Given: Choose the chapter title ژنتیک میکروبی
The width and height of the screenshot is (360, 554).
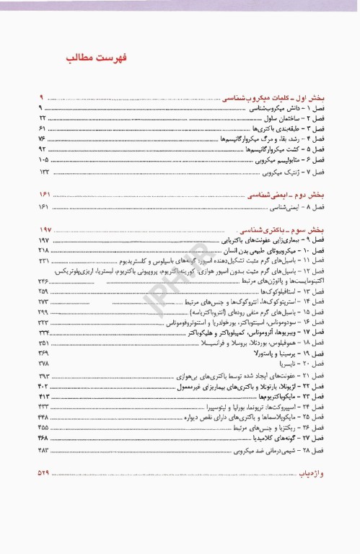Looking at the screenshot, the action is pyautogui.click(x=263, y=173).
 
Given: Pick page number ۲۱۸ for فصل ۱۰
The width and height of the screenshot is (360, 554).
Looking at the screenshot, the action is pyautogui.click(x=43, y=249).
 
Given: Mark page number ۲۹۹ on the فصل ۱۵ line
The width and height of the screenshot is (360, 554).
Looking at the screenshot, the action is pyautogui.click(x=43, y=312).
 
